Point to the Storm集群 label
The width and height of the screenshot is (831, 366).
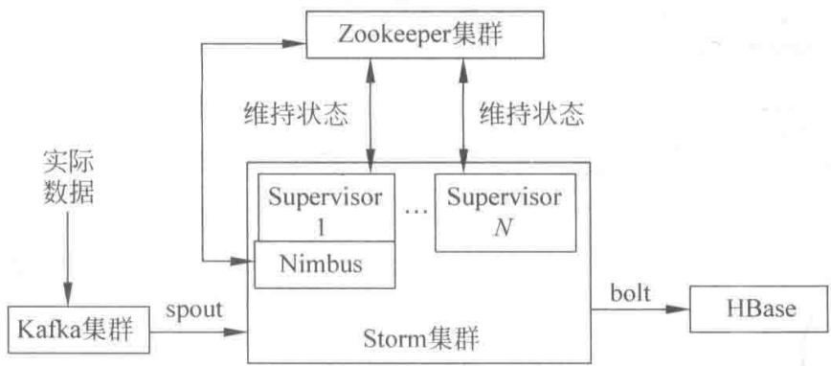coord(421,338)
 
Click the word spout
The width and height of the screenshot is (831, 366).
coord(193,310)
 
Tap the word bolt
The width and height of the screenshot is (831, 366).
coord(630,293)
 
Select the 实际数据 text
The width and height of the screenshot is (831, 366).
coord(68,180)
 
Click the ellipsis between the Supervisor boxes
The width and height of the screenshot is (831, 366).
coord(415,211)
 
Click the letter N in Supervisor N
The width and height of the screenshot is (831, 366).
coord(503,228)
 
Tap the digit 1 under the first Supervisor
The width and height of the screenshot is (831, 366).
coord(321,229)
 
